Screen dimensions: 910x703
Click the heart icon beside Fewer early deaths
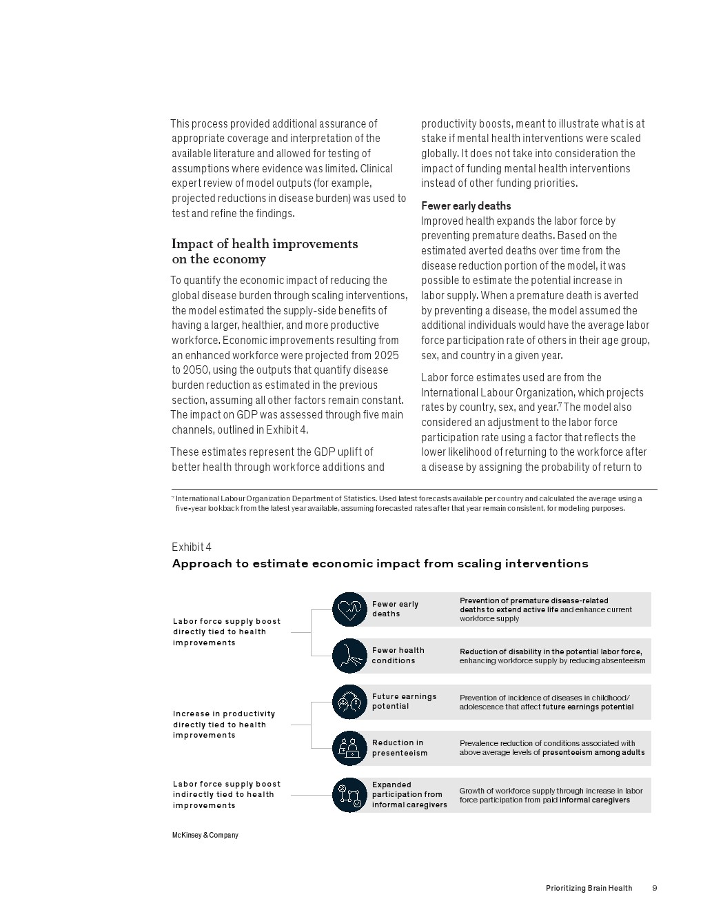349,609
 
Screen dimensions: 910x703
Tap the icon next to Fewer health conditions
349,656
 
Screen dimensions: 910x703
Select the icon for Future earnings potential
349,702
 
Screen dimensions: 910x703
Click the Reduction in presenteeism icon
349,748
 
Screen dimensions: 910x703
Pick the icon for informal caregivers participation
349,795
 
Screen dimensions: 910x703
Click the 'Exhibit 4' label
192,547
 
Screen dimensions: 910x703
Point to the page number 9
654,888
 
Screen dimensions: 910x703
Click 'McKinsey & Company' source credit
205,835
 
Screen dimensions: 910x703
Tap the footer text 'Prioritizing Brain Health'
589,888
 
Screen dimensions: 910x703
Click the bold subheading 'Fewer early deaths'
466,206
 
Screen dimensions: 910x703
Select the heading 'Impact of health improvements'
265,244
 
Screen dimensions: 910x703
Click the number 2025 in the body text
386,355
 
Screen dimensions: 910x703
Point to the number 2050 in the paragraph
197,370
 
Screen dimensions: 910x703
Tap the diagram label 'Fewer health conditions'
398,656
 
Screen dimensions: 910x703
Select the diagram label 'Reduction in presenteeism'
399,748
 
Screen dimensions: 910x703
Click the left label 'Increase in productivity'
223,714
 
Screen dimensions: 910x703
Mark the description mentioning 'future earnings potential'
546,702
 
